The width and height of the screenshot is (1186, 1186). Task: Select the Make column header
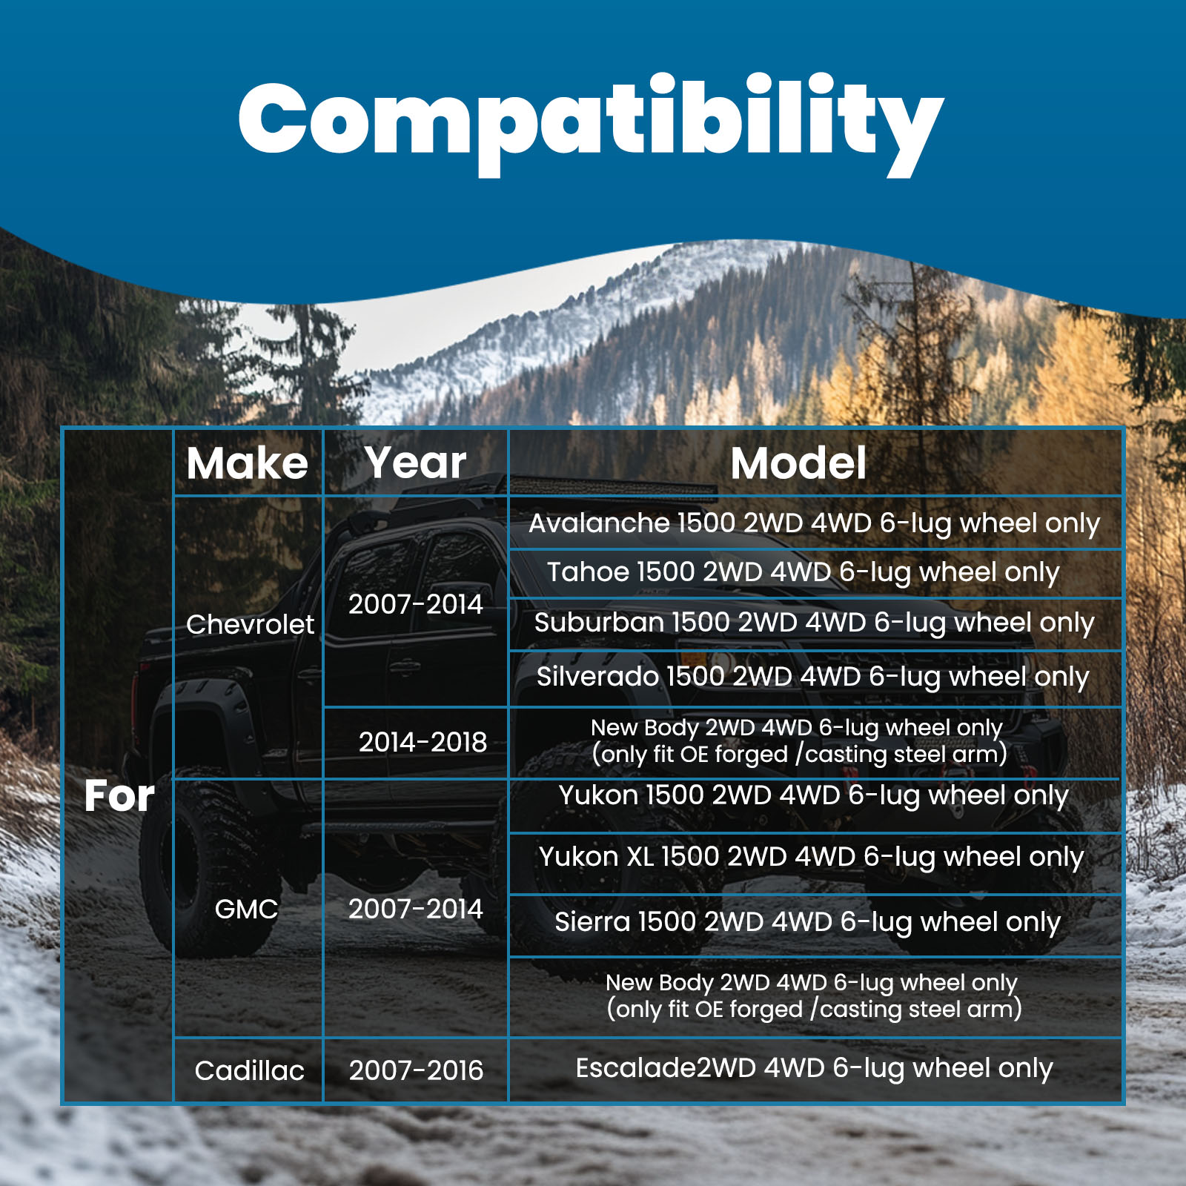point(247,463)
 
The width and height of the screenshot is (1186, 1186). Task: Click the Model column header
point(798,463)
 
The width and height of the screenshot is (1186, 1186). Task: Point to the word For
point(119,796)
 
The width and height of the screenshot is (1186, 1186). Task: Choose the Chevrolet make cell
point(250,624)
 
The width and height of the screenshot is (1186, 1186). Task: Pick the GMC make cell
point(246,909)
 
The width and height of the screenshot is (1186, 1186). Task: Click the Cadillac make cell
point(249,1070)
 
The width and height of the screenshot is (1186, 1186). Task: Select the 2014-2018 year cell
point(423,742)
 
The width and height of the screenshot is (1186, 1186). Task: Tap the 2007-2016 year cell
point(416,1070)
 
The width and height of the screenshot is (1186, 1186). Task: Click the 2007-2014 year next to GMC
point(415,909)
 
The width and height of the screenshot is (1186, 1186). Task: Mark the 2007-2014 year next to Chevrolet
point(415,604)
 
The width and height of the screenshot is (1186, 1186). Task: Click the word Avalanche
point(599,523)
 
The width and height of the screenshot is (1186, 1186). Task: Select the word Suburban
point(598,623)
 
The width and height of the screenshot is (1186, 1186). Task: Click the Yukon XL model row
point(812,858)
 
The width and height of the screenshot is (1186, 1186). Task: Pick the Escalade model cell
point(814,1069)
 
